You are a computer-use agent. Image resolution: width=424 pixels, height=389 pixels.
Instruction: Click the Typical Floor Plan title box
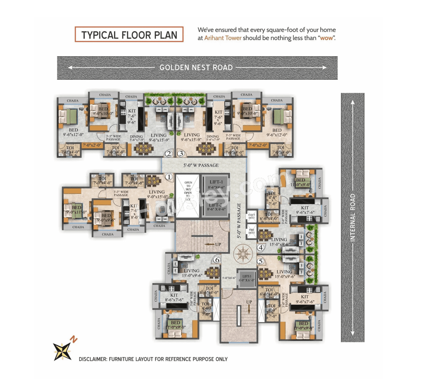[129, 35]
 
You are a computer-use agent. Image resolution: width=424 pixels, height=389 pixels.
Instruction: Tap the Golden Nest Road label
[196, 67]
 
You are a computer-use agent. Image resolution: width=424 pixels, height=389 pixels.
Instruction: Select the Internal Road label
[352, 217]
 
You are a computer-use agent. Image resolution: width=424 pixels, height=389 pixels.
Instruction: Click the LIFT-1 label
[216, 182]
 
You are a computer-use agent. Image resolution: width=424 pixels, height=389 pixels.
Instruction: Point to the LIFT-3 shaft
[246, 278]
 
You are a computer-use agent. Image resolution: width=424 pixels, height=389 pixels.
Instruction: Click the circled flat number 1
[169, 177]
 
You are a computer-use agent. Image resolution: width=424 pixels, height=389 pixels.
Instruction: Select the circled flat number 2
[169, 153]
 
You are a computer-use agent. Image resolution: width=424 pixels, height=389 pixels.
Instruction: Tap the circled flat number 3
[181, 153]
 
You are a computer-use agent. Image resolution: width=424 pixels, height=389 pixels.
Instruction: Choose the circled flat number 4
[261, 247]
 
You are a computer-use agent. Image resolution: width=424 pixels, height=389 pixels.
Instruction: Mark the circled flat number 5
[261, 261]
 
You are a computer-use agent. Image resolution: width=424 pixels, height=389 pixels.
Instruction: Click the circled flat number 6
[217, 260]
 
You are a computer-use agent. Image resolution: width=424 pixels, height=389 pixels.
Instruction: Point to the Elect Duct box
[252, 216]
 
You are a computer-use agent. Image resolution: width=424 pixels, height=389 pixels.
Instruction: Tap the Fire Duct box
[252, 231]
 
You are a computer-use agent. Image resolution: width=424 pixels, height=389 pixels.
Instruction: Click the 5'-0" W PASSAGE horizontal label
[201, 165]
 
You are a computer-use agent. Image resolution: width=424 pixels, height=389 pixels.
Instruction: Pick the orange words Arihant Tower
[223, 38]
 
